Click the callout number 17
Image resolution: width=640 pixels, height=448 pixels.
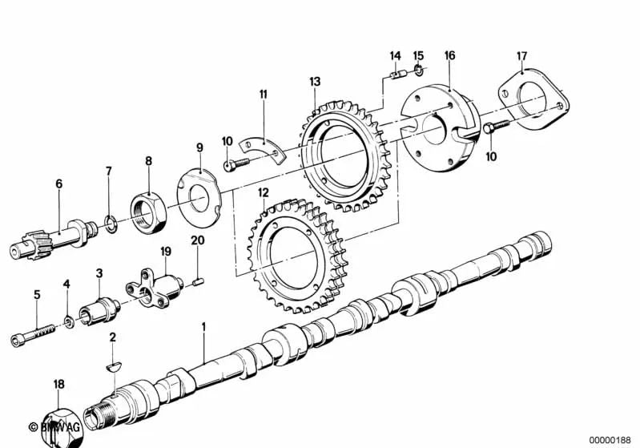(x=521, y=56)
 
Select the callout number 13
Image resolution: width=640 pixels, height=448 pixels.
(x=314, y=82)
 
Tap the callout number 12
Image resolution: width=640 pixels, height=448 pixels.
(x=263, y=192)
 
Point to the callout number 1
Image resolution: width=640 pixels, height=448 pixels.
(x=203, y=327)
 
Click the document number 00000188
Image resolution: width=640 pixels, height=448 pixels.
(x=611, y=439)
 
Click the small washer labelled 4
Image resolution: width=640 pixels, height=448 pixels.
(x=70, y=322)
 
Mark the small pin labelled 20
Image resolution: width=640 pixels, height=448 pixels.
(x=199, y=280)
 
